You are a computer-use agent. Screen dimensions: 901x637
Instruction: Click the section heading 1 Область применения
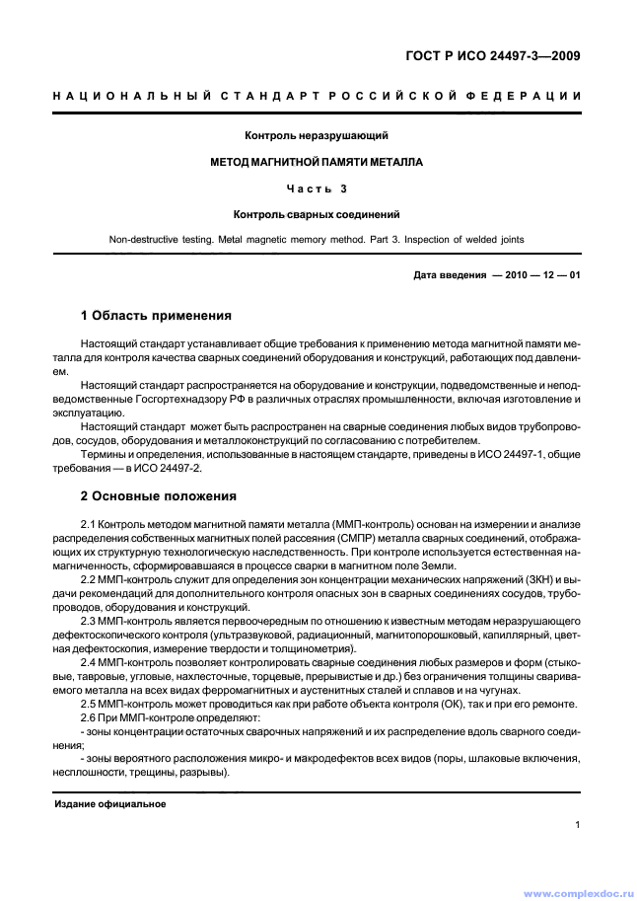click(155, 316)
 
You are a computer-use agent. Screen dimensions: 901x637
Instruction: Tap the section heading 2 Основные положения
click(157, 495)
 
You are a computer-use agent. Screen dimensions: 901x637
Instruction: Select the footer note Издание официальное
click(109, 804)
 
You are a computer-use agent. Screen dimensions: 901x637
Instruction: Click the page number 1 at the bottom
click(577, 827)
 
